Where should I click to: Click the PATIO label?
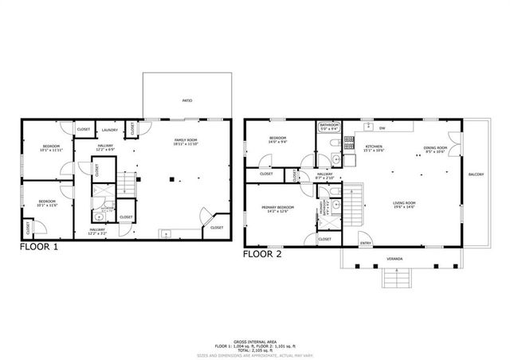(x=187, y=100)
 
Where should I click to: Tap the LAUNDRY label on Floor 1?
(x=110, y=130)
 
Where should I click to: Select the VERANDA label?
(x=395, y=259)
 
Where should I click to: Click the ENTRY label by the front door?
(x=366, y=243)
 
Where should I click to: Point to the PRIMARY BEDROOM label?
(x=275, y=209)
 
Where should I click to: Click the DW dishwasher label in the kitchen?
(x=382, y=127)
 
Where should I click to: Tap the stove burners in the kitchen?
(x=348, y=143)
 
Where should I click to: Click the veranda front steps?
(x=394, y=278)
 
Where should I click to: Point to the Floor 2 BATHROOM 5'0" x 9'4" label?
(x=329, y=126)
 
